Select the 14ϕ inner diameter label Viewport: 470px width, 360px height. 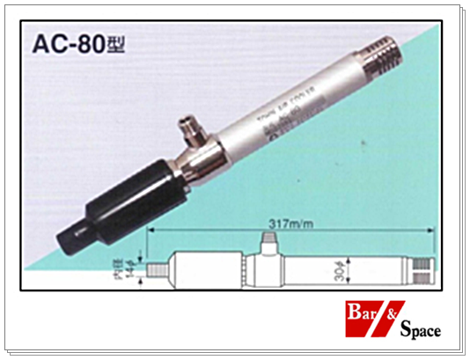click(133, 267)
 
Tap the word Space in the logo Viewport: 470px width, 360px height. click(420, 332)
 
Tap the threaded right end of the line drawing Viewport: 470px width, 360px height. click(423, 268)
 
